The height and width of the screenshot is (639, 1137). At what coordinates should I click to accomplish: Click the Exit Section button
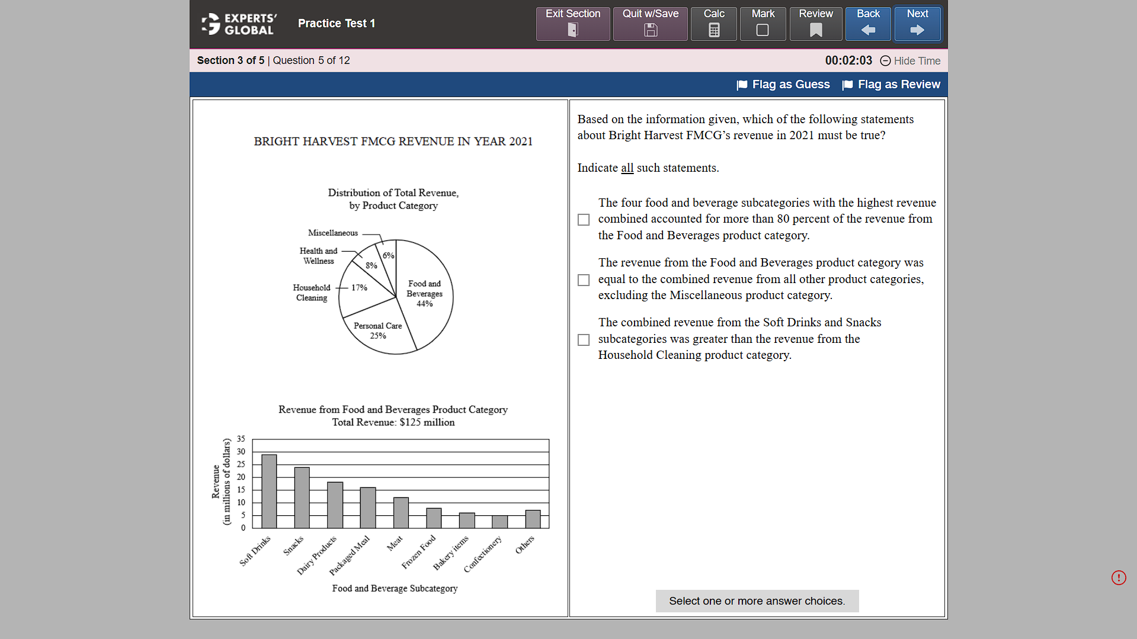pyautogui.click(x=572, y=24)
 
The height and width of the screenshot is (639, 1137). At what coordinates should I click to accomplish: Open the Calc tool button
pyautogui.click(x=713, y=24)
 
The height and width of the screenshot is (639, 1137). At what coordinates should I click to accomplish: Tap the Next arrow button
pyautogui.click(x=917, y=24)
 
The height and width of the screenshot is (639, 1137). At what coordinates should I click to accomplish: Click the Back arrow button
pyautogui.click(x=868, y=24)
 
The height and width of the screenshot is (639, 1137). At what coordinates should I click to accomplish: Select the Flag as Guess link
pyautogui.click(x=783, y=85)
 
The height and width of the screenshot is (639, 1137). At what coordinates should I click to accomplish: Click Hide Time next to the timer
pyautogui.click(x=910, y=61)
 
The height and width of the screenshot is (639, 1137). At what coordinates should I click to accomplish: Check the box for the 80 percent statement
pyautogui.click(x=584, y=220)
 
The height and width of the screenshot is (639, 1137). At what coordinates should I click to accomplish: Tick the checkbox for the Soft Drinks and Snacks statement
pyautogui.click(x=584, y=340)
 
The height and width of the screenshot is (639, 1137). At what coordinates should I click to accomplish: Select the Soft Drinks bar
pyautogui.click(x=269, y=492)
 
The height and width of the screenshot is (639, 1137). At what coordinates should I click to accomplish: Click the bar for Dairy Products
pyautogui.click(x=335, y=505)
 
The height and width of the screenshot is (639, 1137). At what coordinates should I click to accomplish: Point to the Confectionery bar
pyautogui.click(x=499, y=522)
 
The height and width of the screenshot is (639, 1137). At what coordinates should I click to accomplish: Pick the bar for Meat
pyautogui.click(x=401, y=513)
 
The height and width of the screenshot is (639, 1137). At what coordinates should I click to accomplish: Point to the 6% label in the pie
pyautogui.click(x=388, y=255)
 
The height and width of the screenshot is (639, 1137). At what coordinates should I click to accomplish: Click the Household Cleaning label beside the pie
pyautogui.click(x=312, y=293)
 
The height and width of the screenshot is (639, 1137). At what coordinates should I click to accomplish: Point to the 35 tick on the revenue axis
pyautogui.click(x=241, y=439)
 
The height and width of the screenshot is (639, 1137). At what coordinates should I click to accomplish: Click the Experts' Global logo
pyautogui.click(x=239, y=24)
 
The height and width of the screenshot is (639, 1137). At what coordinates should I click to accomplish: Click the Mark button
pyautogui.click(x=763, y=24)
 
